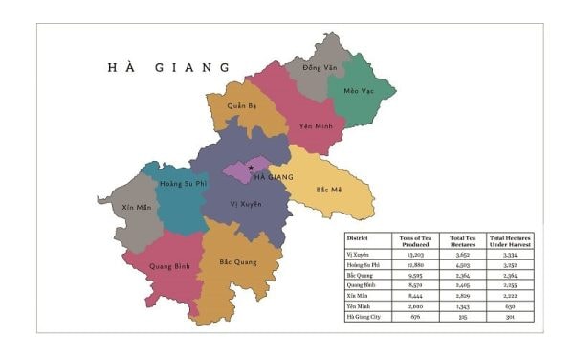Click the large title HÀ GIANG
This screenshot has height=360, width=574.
point(169,67)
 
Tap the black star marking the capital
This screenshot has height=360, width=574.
point(251,168)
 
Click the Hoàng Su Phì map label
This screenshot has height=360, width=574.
point(184,183)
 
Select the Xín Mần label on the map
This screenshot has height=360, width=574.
point(137,206)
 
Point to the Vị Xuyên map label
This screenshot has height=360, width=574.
point(246,204)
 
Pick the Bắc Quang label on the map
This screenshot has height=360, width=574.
point(237,261)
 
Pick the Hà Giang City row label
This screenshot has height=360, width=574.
point(364,316)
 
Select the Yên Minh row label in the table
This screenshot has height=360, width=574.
point(358,306)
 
